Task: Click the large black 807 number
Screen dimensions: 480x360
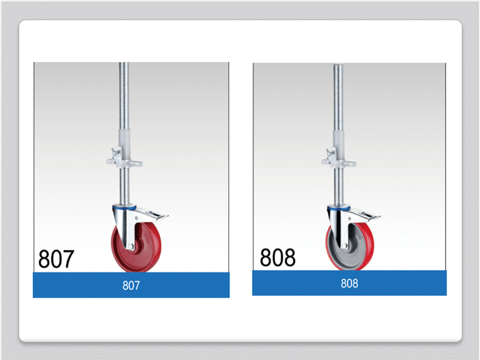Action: pos(56,259)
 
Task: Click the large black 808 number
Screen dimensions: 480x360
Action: pos(277,257)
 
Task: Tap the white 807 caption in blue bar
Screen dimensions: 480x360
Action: pos(131,285)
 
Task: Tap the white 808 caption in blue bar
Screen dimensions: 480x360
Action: pos(349,283)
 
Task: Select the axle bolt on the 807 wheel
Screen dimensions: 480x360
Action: pos(130,246)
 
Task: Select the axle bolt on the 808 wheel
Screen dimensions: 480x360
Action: pos(344,246)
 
